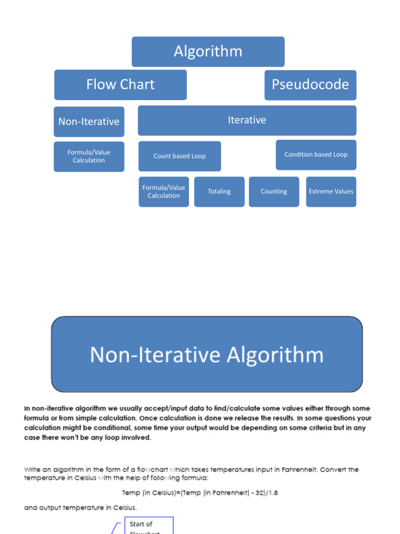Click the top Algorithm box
pos(208,52)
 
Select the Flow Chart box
pos(120,84)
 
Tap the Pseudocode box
pos(310,84)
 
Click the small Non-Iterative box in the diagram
pos(89,122)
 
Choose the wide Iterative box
pos(247,120)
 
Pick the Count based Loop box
pos(179,156)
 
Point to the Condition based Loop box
pos(316,154)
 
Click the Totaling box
pos(219,191)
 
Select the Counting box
pos(274,191)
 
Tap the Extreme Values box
pos(331,191)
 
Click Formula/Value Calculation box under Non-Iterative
pos(89,156)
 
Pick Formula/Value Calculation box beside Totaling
pos(164,191)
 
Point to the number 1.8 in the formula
pos(272,493)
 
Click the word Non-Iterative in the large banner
pos(155,355)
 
